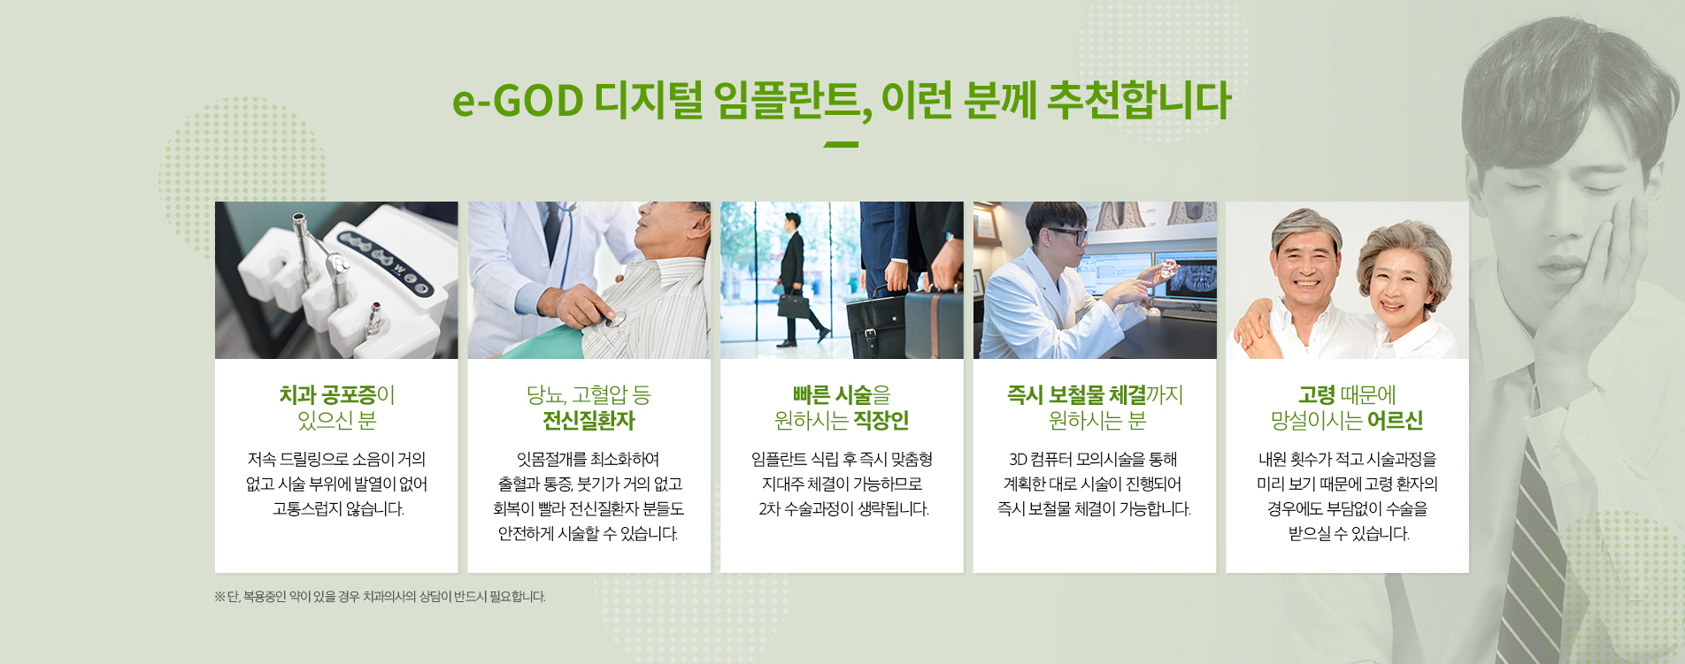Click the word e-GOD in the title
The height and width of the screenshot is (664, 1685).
[x=518, y=100]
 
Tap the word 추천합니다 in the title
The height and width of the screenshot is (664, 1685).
[x=1139, y=100]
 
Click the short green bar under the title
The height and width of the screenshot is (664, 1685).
[x=841, y=144]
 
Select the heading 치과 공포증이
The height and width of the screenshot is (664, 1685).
[x=337, y=394]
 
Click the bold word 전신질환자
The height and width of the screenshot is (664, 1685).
[x=589, y=421]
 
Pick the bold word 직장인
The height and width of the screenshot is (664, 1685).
[x=881, y=421]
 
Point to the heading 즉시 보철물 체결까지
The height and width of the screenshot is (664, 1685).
[x=1095, y=394]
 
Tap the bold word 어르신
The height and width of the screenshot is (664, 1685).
[x=1396, y=421]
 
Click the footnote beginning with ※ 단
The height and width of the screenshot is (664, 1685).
[x=380, y=597]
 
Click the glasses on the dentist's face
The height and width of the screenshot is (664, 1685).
[x=1067, y=236]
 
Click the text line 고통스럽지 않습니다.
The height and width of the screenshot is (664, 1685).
[x=338, y=509]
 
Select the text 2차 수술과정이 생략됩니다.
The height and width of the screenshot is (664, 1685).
[x=843, y=509]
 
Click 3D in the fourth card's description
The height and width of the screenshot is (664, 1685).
[x=1018, y=460]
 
